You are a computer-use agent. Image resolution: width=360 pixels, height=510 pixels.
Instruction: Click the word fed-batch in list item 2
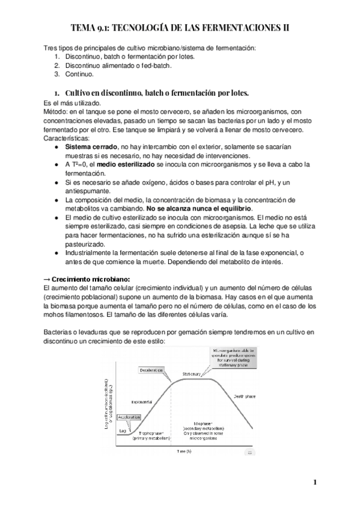click(157, 65)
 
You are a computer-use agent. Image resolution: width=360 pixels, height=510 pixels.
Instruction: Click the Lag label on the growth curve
click(122, 431)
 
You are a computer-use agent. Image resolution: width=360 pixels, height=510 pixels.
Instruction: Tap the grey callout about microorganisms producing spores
click(234, 357)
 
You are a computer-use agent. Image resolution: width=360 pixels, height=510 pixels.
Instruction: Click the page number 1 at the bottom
click(314, 483)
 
